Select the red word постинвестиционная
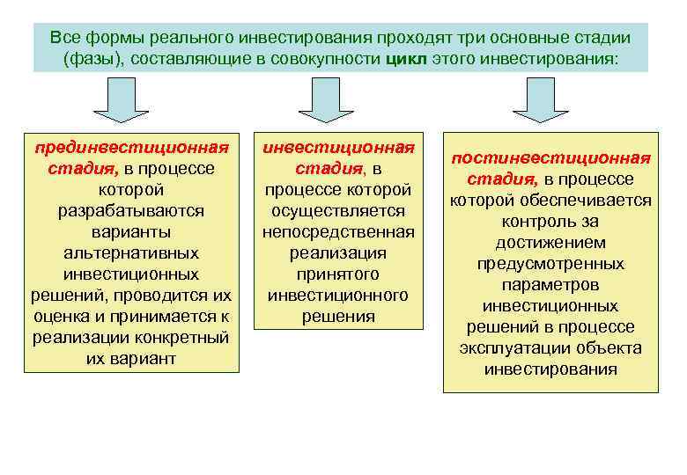pyautogui.click(x=550, y=158)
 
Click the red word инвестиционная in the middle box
pyautogui.click(x=338, y=147)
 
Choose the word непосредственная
pyautogui.click(x=338, y=232)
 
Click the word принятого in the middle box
pyautogui.click(x=338, y=274)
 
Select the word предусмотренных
pyautogui.click(x=550, y=264)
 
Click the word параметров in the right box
pyautogui.click(x=550, y=285)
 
